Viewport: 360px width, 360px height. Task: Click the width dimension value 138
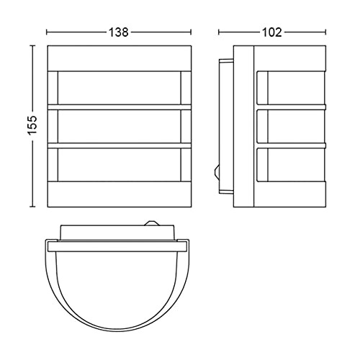tap(119, 32)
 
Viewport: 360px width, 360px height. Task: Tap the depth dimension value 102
tap(272, 32)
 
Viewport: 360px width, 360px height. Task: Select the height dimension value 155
tap(32, 125)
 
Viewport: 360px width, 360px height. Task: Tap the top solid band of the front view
tap(120, 58)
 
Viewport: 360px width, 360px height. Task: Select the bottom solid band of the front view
tap(120, 194)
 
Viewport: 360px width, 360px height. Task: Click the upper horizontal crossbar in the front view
tap(120, 107)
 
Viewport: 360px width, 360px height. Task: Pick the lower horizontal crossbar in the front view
tap(120, 145)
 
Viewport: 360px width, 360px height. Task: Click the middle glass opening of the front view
tap(120, 127)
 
